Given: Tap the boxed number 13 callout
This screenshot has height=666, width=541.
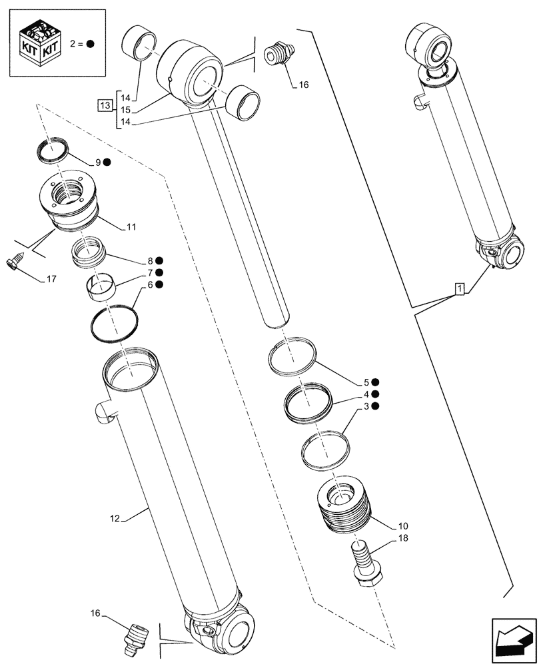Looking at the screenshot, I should click(x=105, y=106).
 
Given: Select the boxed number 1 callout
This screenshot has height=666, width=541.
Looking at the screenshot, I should click(x=460, y=288).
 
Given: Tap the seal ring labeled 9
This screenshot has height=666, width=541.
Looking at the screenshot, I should click(x=51, y=151).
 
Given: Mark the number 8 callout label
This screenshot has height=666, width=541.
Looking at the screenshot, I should click(x=151, y=260).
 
